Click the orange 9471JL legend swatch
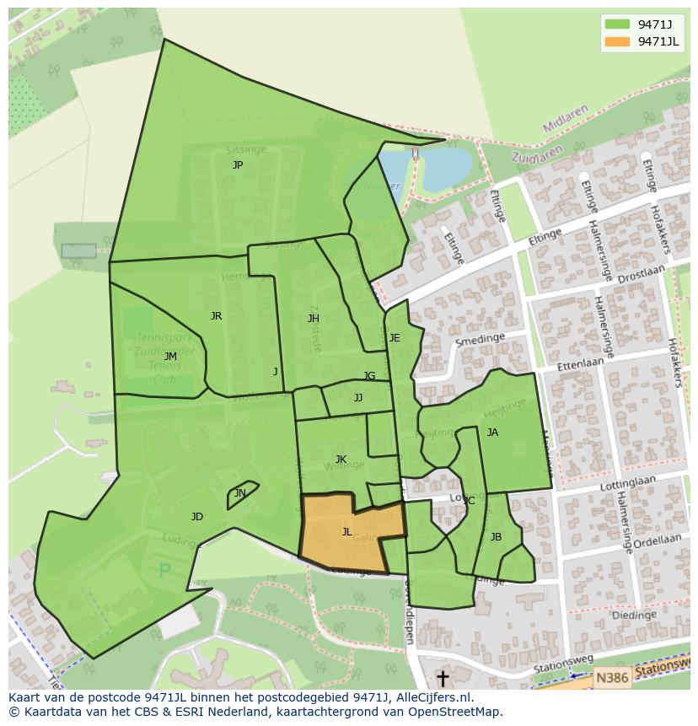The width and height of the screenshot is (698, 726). click(x=617, y=42)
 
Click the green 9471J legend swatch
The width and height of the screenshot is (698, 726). click(x=617, y=24)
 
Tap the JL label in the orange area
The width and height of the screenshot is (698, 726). click(x=346, y=532)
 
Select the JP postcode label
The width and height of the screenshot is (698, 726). click(x=238, y=165)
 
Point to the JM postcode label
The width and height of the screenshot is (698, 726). click(x=170, y=357)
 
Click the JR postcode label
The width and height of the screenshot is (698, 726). click(x=216, y=316)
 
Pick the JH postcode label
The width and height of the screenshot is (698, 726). click(x=313, y=319)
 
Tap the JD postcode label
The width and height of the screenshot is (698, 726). click(x=196, y=517)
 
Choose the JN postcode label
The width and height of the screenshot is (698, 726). click(x=240, y=493)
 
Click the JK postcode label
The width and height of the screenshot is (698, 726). click(x=341, y=460)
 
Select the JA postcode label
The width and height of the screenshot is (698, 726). click(x=492, y=433)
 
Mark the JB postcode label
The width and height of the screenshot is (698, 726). click(x=496, y=537)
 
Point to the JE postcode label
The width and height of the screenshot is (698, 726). click(x=394, y=338)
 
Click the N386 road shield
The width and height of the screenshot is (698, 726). click(x=611, y=676)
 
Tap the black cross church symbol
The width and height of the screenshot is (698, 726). click(x=443, y=678)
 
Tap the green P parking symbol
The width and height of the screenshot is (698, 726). click(x=165, y=571)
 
